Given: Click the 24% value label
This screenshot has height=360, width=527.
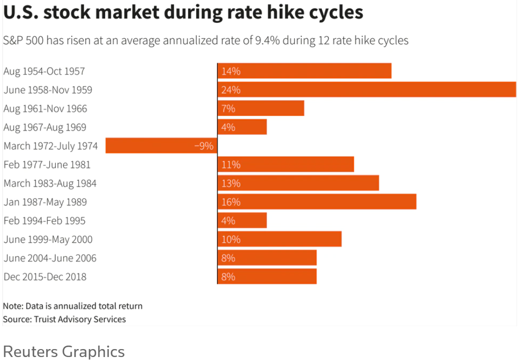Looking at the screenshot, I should pos(231,90).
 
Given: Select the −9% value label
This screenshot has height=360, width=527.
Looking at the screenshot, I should pos(204,146).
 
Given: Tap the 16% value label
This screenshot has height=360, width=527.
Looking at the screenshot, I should pos(231,202).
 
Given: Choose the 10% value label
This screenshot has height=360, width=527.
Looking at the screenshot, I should pos(231,239).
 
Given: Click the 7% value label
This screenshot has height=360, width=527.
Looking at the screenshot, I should pos(228,108).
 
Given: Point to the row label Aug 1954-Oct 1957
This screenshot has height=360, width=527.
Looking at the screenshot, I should pos(44,71).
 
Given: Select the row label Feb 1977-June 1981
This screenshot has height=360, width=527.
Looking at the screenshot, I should pos(47,165).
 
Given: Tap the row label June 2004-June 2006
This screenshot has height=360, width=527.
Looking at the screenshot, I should pos(50,258).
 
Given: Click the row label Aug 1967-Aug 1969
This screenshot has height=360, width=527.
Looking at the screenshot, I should pos(45,127).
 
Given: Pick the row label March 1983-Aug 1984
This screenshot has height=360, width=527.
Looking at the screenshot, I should pos(50,183).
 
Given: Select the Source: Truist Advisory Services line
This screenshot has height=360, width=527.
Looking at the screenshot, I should pos(64,319).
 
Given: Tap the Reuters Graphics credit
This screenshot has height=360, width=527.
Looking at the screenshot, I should pos(64,352).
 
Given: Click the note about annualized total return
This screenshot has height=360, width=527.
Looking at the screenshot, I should pos(73,306).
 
